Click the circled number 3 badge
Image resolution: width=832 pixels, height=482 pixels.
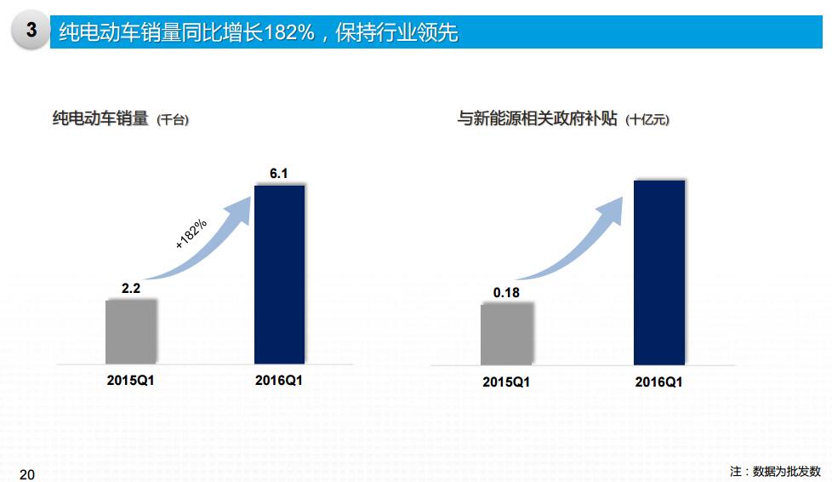click(31, 31)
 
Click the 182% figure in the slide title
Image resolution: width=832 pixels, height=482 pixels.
click(288, 32)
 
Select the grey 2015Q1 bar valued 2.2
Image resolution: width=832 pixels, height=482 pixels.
click(131, 331)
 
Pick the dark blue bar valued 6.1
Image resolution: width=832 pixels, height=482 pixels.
click(279, 273)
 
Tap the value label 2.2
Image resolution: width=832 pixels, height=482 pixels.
click(131, 289)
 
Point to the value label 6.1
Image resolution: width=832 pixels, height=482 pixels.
click(279, 174)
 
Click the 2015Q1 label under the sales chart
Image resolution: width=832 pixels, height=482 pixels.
click(131, 380)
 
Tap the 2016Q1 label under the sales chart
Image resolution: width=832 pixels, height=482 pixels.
click(279, 380)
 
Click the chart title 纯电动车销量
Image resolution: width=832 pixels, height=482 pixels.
click(100, 119)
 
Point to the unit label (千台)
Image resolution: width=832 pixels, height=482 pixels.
click(173, 121)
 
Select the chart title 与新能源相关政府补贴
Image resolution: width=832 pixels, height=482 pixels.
click(538, 119)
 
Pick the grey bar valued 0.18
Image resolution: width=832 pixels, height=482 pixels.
click(506, 334)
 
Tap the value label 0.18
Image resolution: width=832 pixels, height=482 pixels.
click(506, 293)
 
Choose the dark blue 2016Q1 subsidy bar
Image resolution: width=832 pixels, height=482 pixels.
click(658, 272)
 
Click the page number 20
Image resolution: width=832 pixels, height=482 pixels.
click(27, 473)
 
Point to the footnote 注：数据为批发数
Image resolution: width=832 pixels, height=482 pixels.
click(775, 471)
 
